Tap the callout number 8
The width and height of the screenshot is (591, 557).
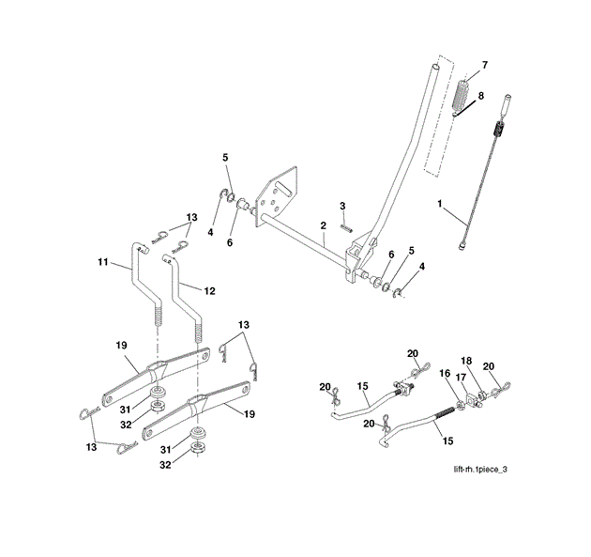[481, 96]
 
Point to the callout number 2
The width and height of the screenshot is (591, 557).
[322, 225]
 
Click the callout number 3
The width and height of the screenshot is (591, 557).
[342, 205]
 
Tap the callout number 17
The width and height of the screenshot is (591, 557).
[460, 378]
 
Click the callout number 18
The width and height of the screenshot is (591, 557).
[466, 360]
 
